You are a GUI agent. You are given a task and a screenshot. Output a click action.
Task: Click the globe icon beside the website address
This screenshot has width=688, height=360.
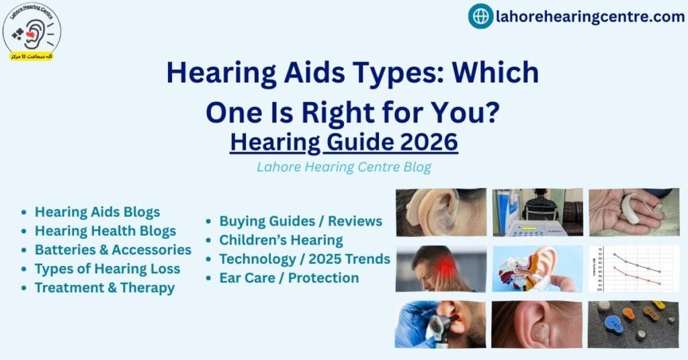(x=480, y=16)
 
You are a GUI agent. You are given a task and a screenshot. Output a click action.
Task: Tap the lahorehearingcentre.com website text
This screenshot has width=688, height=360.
(x=590, y=17)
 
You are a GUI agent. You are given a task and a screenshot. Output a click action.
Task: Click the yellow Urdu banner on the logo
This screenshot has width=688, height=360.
(x=31, y=56)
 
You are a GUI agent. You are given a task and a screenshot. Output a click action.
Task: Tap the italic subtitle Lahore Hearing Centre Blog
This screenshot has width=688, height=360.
(x=343, y=167)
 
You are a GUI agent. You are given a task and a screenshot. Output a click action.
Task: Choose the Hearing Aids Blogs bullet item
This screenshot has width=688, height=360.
(x=97, y=212)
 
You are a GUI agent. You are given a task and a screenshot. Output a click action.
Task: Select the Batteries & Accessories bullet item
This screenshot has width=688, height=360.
(x=113, y=250)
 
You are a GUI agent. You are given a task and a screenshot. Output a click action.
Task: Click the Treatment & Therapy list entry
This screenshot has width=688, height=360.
(x=104, y=287)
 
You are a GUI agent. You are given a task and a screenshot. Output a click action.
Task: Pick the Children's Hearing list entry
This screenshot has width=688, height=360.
(x=281, y=240)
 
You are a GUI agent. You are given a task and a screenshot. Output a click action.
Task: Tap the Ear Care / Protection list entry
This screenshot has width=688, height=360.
(x=289, y=277)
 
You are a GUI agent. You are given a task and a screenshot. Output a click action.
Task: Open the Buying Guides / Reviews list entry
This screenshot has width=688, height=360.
(x=300, y=221)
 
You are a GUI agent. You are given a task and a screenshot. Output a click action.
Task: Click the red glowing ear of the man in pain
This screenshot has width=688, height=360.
(x=445, y=268)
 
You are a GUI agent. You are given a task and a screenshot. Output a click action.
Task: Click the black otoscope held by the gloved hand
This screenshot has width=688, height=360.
(x=438, y=327)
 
